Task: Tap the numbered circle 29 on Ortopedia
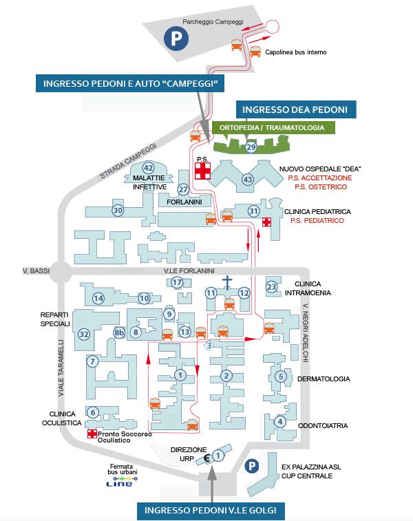point(251,147)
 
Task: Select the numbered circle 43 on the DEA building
point(248,180)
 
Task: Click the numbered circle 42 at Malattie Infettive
point(148,168)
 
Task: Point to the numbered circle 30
point(118,210)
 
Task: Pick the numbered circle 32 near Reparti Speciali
point(84,334)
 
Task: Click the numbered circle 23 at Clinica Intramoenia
point(272,286)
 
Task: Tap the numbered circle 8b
point(119,333)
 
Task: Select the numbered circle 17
point(177,282)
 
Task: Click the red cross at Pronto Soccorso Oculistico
point(92,435)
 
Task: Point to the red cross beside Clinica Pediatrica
point(266,222)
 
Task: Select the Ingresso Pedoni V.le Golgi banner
point(211,510)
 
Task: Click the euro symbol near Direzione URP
point(206,456)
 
